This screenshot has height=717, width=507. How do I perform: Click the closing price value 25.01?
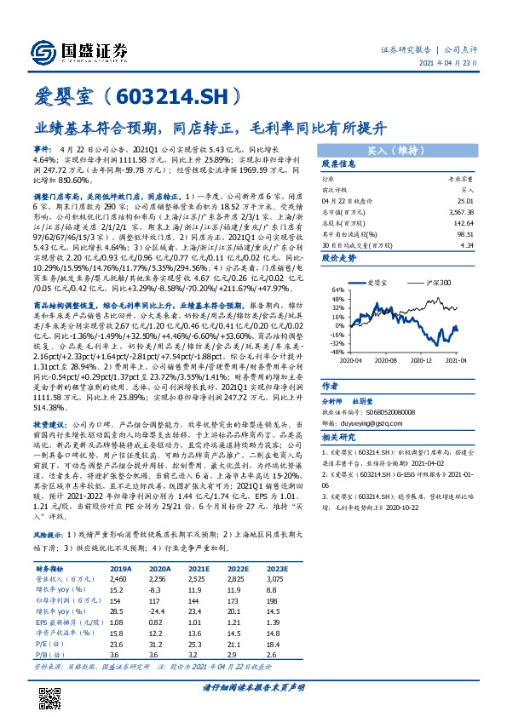[x=464, y=199]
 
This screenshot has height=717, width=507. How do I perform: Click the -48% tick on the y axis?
[x=337, y=351]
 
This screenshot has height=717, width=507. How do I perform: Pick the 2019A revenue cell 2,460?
[x=122, y=577]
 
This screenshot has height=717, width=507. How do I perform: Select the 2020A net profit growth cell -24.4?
[x=160, y=611]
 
